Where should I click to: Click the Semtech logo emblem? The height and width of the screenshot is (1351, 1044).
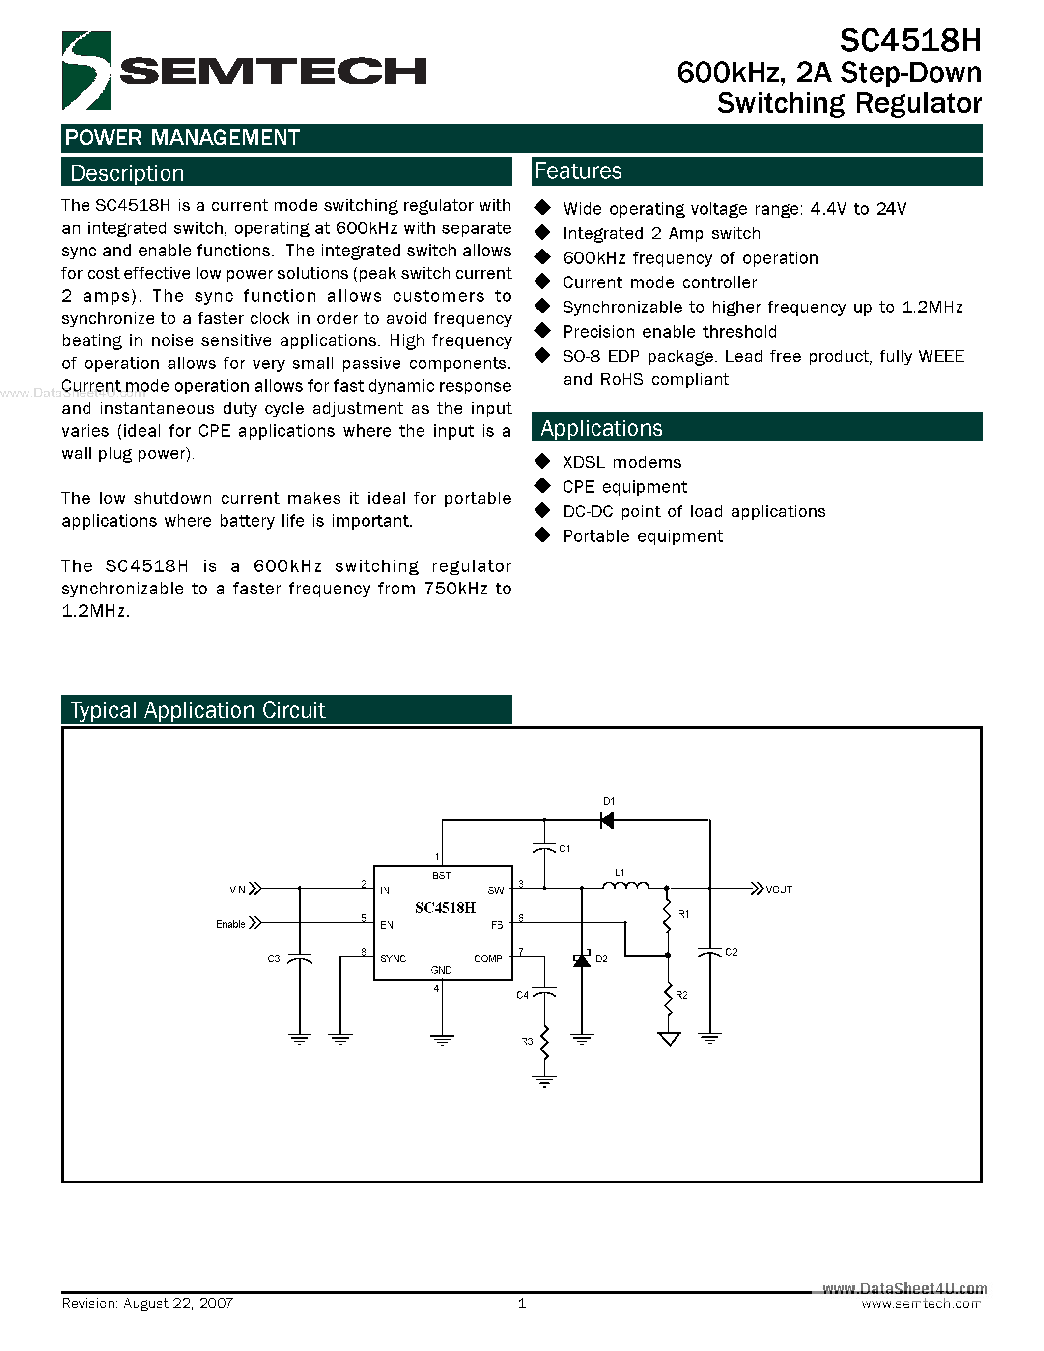point(86,71)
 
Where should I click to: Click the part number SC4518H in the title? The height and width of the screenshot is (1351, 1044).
point(910,41)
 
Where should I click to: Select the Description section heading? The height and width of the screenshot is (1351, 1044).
point(127,173)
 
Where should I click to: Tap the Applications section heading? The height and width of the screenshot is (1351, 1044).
point(601,428)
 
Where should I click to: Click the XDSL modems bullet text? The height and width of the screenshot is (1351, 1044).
point(621,462)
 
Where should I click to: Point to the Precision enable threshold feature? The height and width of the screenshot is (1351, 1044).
point(670,332)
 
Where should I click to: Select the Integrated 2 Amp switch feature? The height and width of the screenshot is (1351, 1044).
point(662,233)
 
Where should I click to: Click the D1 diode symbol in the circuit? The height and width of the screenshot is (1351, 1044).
point(607,820)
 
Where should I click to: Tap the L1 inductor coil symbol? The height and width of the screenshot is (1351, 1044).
point(625,886)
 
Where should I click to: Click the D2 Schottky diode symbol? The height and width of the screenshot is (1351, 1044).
point(581,959)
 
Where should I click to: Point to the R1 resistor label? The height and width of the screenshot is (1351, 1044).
point(683,914)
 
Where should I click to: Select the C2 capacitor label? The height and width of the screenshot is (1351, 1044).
point(731,952)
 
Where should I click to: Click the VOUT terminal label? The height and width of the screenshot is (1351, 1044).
point(778,890)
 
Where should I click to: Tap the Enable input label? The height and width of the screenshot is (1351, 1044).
point(231,924)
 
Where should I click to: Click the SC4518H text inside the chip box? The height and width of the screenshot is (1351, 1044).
point(445,907)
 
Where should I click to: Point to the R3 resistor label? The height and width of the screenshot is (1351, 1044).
point(526,1041)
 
